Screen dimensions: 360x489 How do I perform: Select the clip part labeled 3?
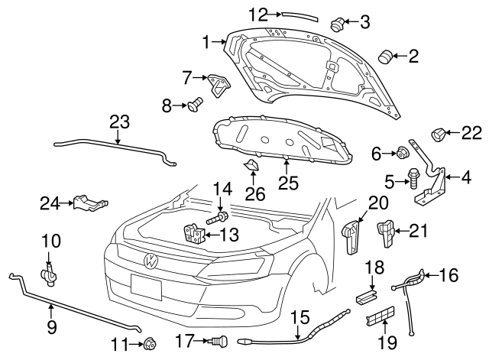(337, 23)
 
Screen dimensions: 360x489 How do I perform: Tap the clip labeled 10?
(49, 271)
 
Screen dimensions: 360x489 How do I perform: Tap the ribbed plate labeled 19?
(381, 319)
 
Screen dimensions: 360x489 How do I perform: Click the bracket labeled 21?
(387, 232)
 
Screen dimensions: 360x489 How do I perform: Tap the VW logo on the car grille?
(151, 261)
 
